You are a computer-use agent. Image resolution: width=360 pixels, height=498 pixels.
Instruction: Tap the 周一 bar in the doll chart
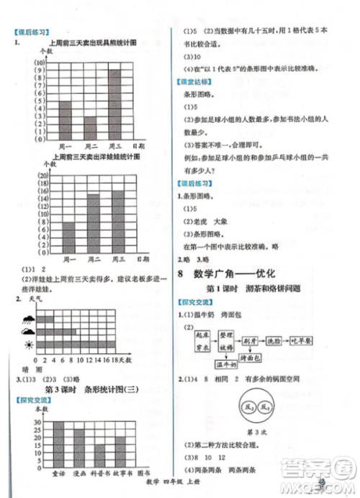pos(68,237)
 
